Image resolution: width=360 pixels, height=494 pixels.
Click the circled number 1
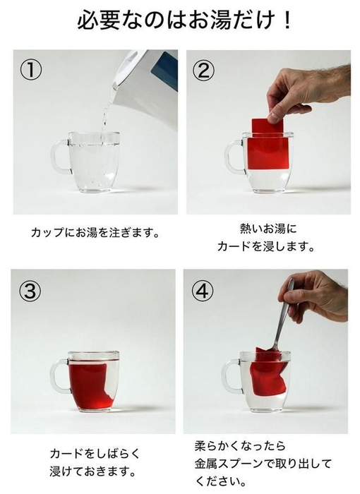[30, 71]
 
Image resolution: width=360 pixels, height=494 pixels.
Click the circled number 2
[204, 71]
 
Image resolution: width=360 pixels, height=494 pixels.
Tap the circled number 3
[30, 290]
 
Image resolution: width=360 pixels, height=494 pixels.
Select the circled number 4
[203, 290]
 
